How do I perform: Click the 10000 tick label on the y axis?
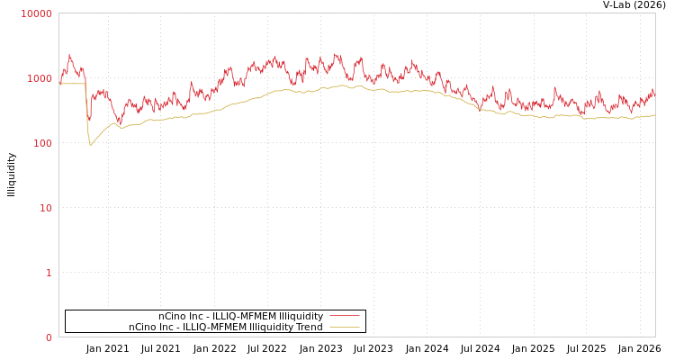[36, 13]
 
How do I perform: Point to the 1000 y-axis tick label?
[39, 78]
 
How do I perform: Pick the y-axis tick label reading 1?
[49, 273]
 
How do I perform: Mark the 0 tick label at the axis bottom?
[49, 337]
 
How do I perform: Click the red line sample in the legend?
[345, 316]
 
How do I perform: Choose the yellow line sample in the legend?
[345, 327]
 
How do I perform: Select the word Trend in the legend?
[309, 327]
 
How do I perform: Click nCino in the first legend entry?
[172, 316]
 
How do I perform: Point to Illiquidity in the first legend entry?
[299, 316]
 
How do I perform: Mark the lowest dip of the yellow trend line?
[90, 144]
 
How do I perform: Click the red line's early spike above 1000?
[69, 56]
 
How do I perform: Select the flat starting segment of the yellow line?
[72, 84]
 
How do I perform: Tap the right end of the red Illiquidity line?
[654, 94]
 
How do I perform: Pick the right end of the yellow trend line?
[654, 115]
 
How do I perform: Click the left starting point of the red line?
[59, 84]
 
